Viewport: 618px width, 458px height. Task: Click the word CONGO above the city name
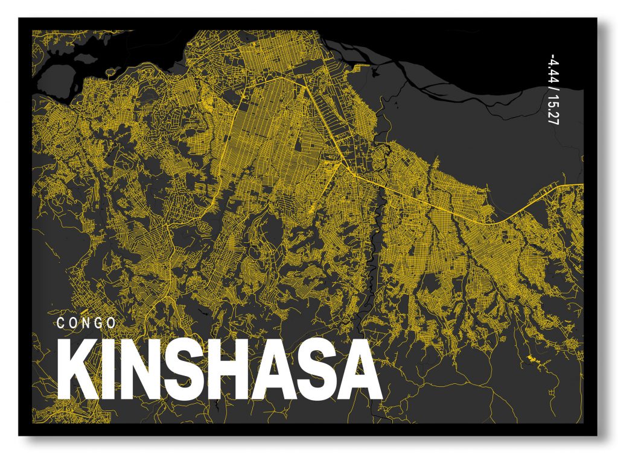point(86,323)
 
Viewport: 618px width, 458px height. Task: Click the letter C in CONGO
point(60,323)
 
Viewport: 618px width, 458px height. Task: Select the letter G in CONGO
point(98,323)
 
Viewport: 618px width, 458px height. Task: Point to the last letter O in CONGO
point(112,323)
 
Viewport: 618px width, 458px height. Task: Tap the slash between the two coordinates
point(552,89)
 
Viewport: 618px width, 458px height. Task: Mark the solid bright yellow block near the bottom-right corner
point(531,359)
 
